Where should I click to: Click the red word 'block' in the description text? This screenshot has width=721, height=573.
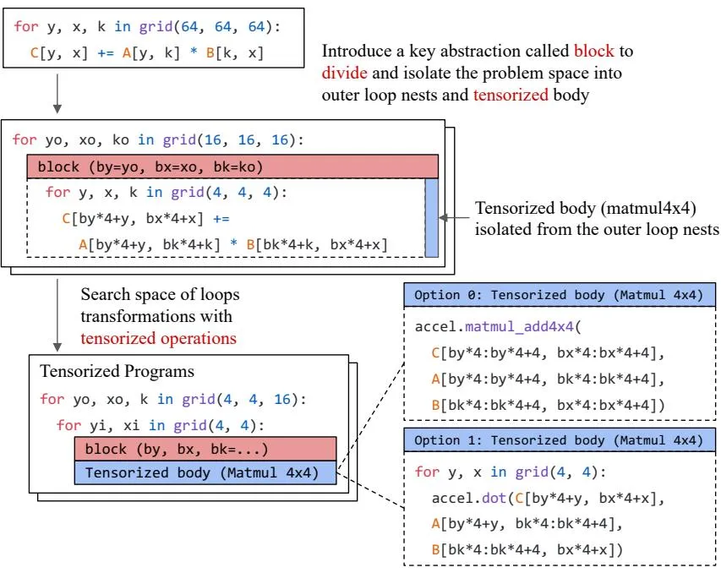pyautogui.click(x=593, y=51)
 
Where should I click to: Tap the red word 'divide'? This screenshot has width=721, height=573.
pyautogui.click(x=344, y=73)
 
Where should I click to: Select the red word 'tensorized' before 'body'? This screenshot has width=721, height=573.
pyautogui.click(x=511, y=95)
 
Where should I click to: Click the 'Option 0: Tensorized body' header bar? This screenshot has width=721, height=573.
pyautogui.click(x=560, y=295)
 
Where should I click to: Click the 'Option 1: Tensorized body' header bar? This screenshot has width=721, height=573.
pyautogui.click(x=560, y=440)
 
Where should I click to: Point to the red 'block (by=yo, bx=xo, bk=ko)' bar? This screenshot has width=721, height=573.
pyautogui.click(x=232, y=166)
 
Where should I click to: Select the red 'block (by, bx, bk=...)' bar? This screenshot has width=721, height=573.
pyautogui.click(x=205, y=449)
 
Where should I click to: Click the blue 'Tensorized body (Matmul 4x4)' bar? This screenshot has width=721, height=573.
pyautogui.click(x=205, y=472)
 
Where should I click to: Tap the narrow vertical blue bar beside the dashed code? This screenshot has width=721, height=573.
pyautogui.click(x=432, y=217)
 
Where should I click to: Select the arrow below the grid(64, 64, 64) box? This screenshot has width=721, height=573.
pyautogui.click(x=57, y=93)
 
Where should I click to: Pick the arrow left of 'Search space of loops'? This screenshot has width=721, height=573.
pyautogui.click(x=57, y=315)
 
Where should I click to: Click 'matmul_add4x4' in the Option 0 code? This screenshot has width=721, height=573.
pyautogui.click(x=520, y=327)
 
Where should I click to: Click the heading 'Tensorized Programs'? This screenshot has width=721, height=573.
pyautogui.click(x=117, y=371)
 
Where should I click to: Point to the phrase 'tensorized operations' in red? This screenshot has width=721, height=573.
pyautogui.click(x=159, y=338)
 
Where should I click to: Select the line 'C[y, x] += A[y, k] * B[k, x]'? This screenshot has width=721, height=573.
pyautogui.click(x=147, y=53)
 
